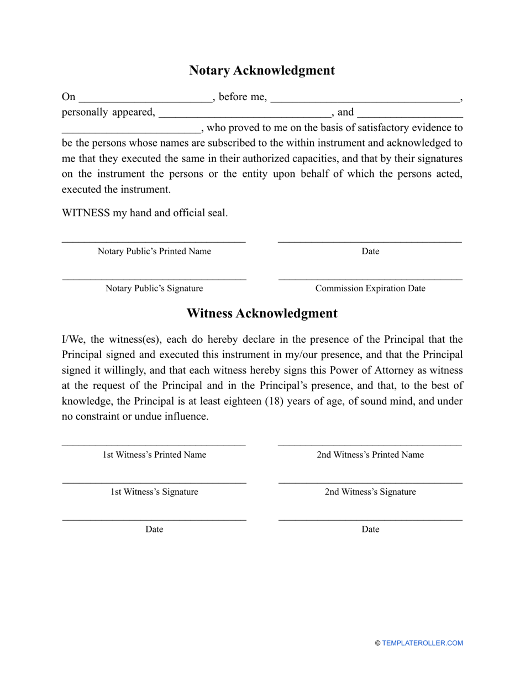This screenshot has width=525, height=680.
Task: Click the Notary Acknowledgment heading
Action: pyautogui.click(x=262, y=71)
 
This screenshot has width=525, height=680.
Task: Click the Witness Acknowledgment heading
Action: pyautogui.click(x=262, y=313)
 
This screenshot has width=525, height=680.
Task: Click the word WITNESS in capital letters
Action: pyautogui.click(x=86, y=213)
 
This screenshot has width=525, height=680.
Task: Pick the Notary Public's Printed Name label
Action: pyautogui.click(x=154, y=252)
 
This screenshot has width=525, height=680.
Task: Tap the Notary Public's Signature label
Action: pyautogui.click(x=154, y=289)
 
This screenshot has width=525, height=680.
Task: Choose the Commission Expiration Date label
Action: pyautogui.click(x=370, y=289)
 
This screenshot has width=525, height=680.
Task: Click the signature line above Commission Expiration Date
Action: pyautogui.click(x=370, y=280)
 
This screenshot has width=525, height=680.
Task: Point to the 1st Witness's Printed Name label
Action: pyautogui.click(x=154, y=455)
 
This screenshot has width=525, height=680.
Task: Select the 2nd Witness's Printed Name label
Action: pyautogui.click(x=370, y=455)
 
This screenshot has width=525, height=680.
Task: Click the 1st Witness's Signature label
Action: pyautogui.click(x=154, y=492)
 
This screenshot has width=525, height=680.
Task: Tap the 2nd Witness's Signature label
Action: pyautogui.click(x=370, y=492)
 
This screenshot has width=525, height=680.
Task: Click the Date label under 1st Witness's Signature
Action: pyautogui.click(x=154, y=530)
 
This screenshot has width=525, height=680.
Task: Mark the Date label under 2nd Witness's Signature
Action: pyautogui.click(x=370, y=530)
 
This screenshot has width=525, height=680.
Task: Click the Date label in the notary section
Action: pyautogui.click(x=370, y=252)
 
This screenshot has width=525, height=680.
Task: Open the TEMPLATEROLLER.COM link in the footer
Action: pyautogui.click(x=422, y=643)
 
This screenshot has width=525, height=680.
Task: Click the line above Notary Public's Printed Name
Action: pyautogui.click(x=154, y=242)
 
